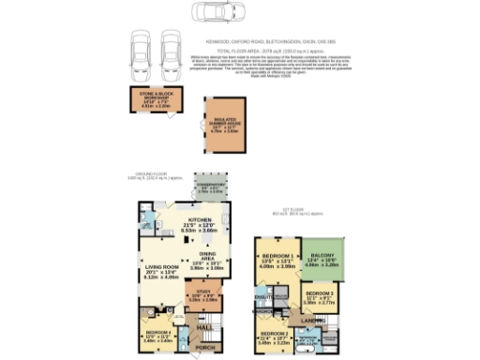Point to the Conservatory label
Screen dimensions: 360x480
(211, 187)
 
